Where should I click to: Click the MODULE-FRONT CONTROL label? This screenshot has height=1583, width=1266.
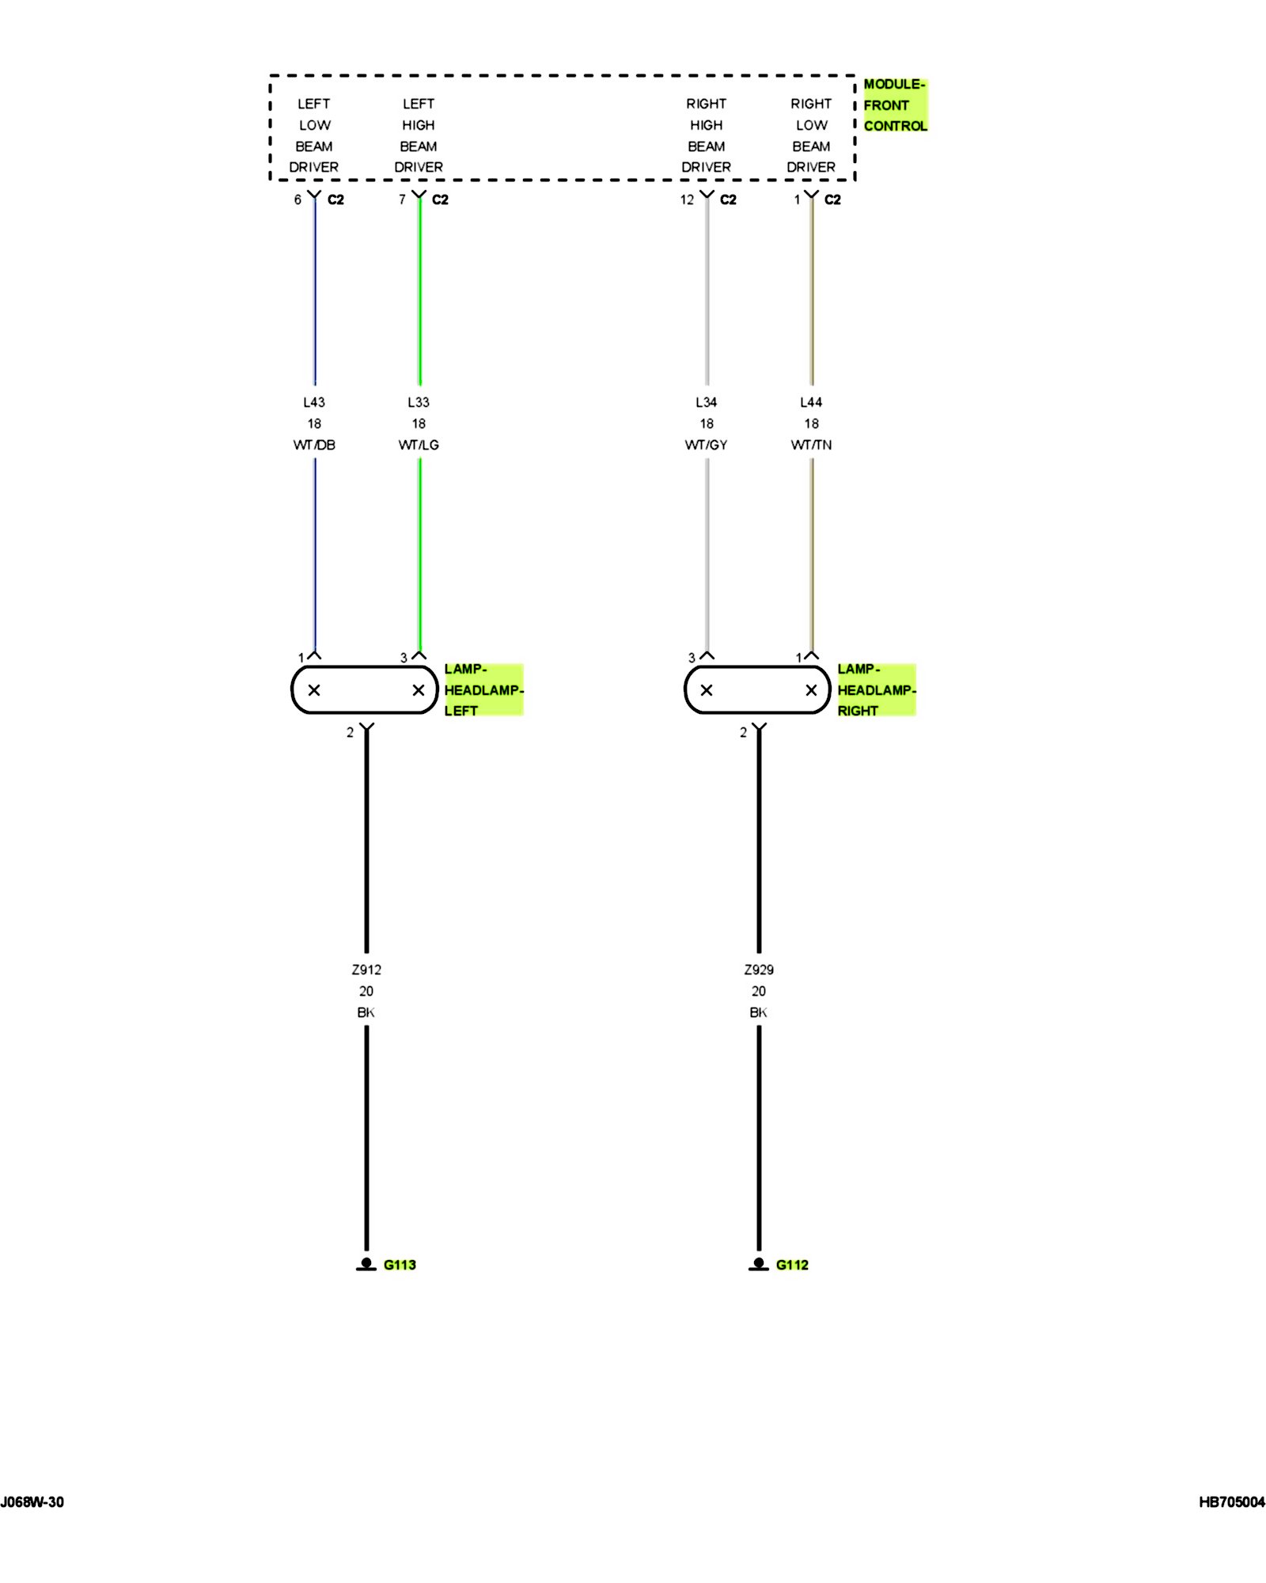pyautogui.click(x=894, y=105)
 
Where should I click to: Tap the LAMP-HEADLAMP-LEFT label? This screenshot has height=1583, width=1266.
pyautogui.click(x=483, y=689)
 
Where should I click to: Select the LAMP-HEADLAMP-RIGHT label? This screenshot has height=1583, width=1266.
pyautogui.click(x=876, y=689)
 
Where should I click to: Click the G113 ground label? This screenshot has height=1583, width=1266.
pyautogui.click(x=400, y=1265)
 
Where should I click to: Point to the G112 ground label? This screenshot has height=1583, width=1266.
pyautogui.click(x=792, y=1265)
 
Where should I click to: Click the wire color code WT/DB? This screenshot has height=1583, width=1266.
pyautogui.click(x=314, y=445)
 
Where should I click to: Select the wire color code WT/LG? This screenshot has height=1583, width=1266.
pyautogui.click(x=419, y=445)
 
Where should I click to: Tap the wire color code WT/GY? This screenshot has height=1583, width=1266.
pyautogui.click(x=706, y=445)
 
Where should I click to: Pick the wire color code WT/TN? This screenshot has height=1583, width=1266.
pyautogui.click(x=811, y=445)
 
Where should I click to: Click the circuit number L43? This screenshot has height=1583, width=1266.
pyautogui.click(x=314, y=402)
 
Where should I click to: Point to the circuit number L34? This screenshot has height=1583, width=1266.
pyautogui.click(x=706, y=402)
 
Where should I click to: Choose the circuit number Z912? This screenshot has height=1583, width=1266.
pyautogui.click(x=366, y=970)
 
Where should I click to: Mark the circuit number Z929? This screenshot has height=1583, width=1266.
pyautogui.click(x=759, y=970)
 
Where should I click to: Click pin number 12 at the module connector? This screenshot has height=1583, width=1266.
pyautogui.click(x=687, y=199)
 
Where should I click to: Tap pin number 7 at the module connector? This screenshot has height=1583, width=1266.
pyautogui.click(x=402, y=199)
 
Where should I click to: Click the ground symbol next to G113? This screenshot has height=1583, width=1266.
pyautogui.click(x=366, y=1264)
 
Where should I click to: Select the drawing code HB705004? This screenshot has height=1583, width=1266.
pyautogui.click(x=1232, y=1502)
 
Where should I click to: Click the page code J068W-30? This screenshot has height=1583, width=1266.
pyautogui.click(x=32, y=1502)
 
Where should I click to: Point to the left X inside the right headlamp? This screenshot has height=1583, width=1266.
pyautogui.click(x=707, y=690)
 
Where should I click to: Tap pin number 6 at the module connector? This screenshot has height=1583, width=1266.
pyautogui.click(x=298, y=199)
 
